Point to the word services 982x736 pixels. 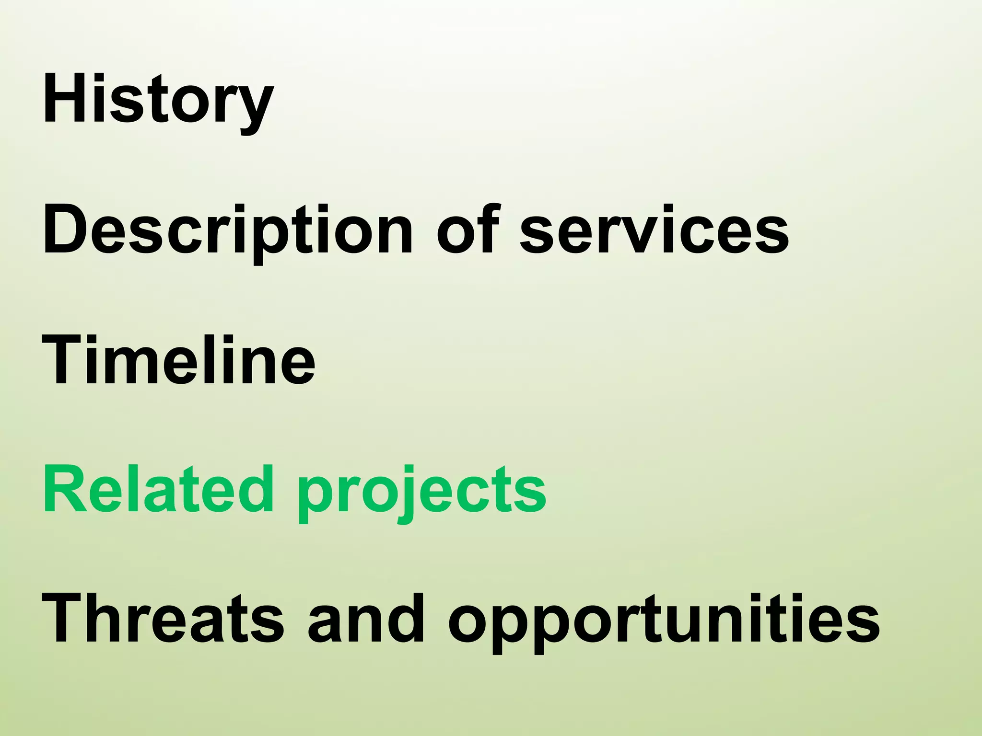click(x=655, y=230)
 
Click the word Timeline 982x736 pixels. click(x=178, y=360)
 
